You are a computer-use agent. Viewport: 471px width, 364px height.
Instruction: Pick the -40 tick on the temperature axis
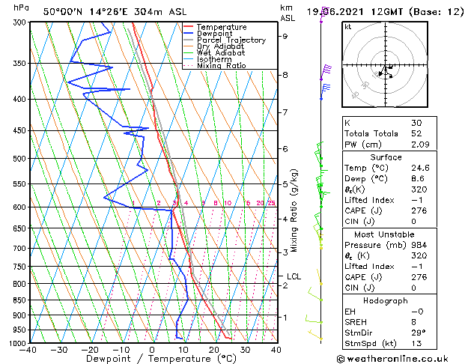pos(28,350)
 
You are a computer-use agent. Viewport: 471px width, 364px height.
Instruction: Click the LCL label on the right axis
pos(294,276)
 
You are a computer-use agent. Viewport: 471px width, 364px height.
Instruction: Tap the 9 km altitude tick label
pos(285,36)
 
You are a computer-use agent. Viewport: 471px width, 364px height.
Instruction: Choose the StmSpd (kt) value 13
pos(416,343)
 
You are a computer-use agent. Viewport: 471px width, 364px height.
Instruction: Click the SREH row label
pos(356,321)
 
